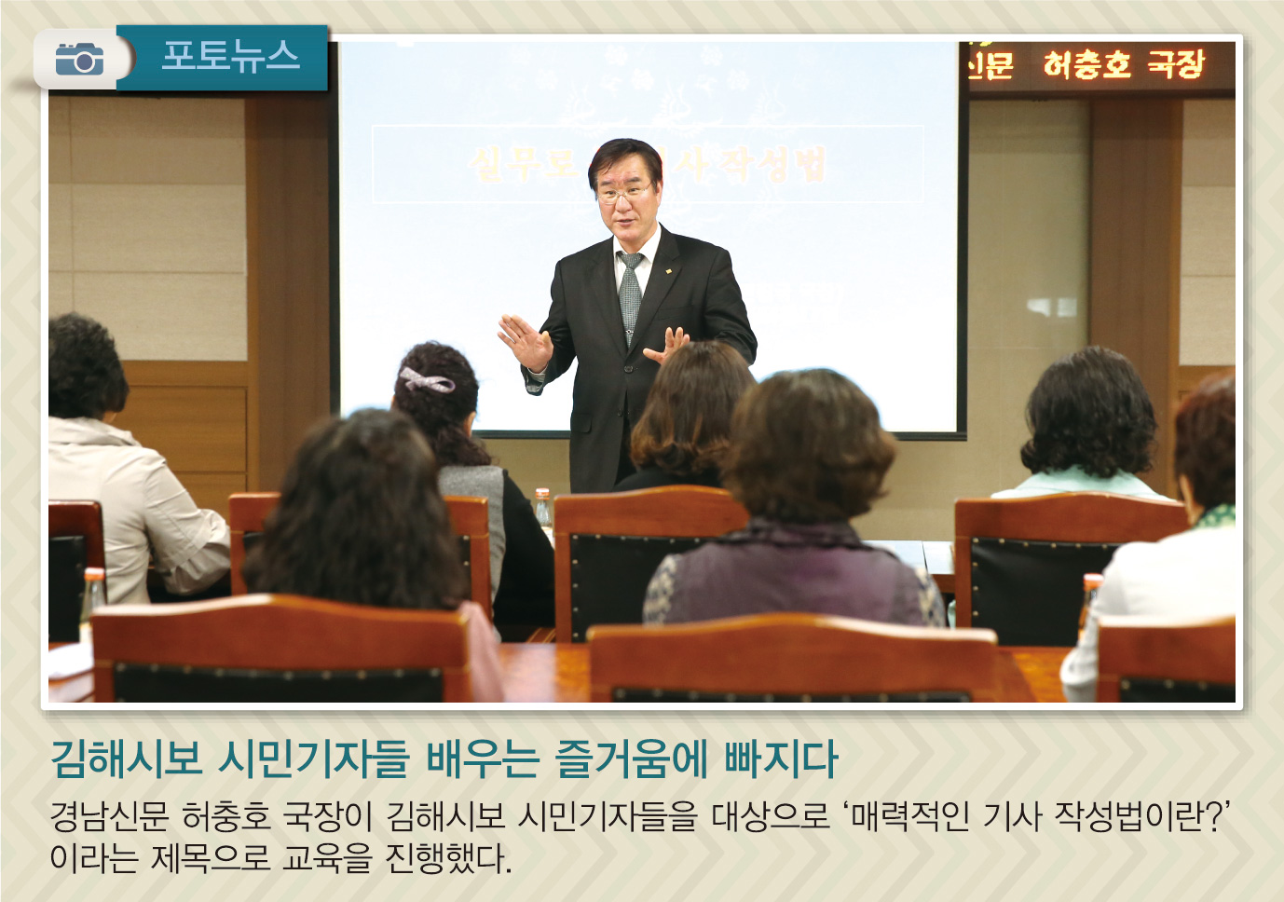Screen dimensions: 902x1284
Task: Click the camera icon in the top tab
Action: [x=79, y=60]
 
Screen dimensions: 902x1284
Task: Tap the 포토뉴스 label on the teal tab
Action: [x=230, y=57]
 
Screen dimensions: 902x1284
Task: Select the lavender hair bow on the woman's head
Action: [x=425, y=380]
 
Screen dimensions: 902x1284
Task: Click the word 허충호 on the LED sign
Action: [x=1086, y=64]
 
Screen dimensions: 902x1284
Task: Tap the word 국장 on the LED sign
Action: [x=1176, y=64]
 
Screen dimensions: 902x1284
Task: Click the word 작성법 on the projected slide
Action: [x=782, y=165]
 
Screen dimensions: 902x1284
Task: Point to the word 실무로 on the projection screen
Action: [x=523, y=165]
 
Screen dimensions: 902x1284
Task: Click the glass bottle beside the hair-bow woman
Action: [x=542, y=508]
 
